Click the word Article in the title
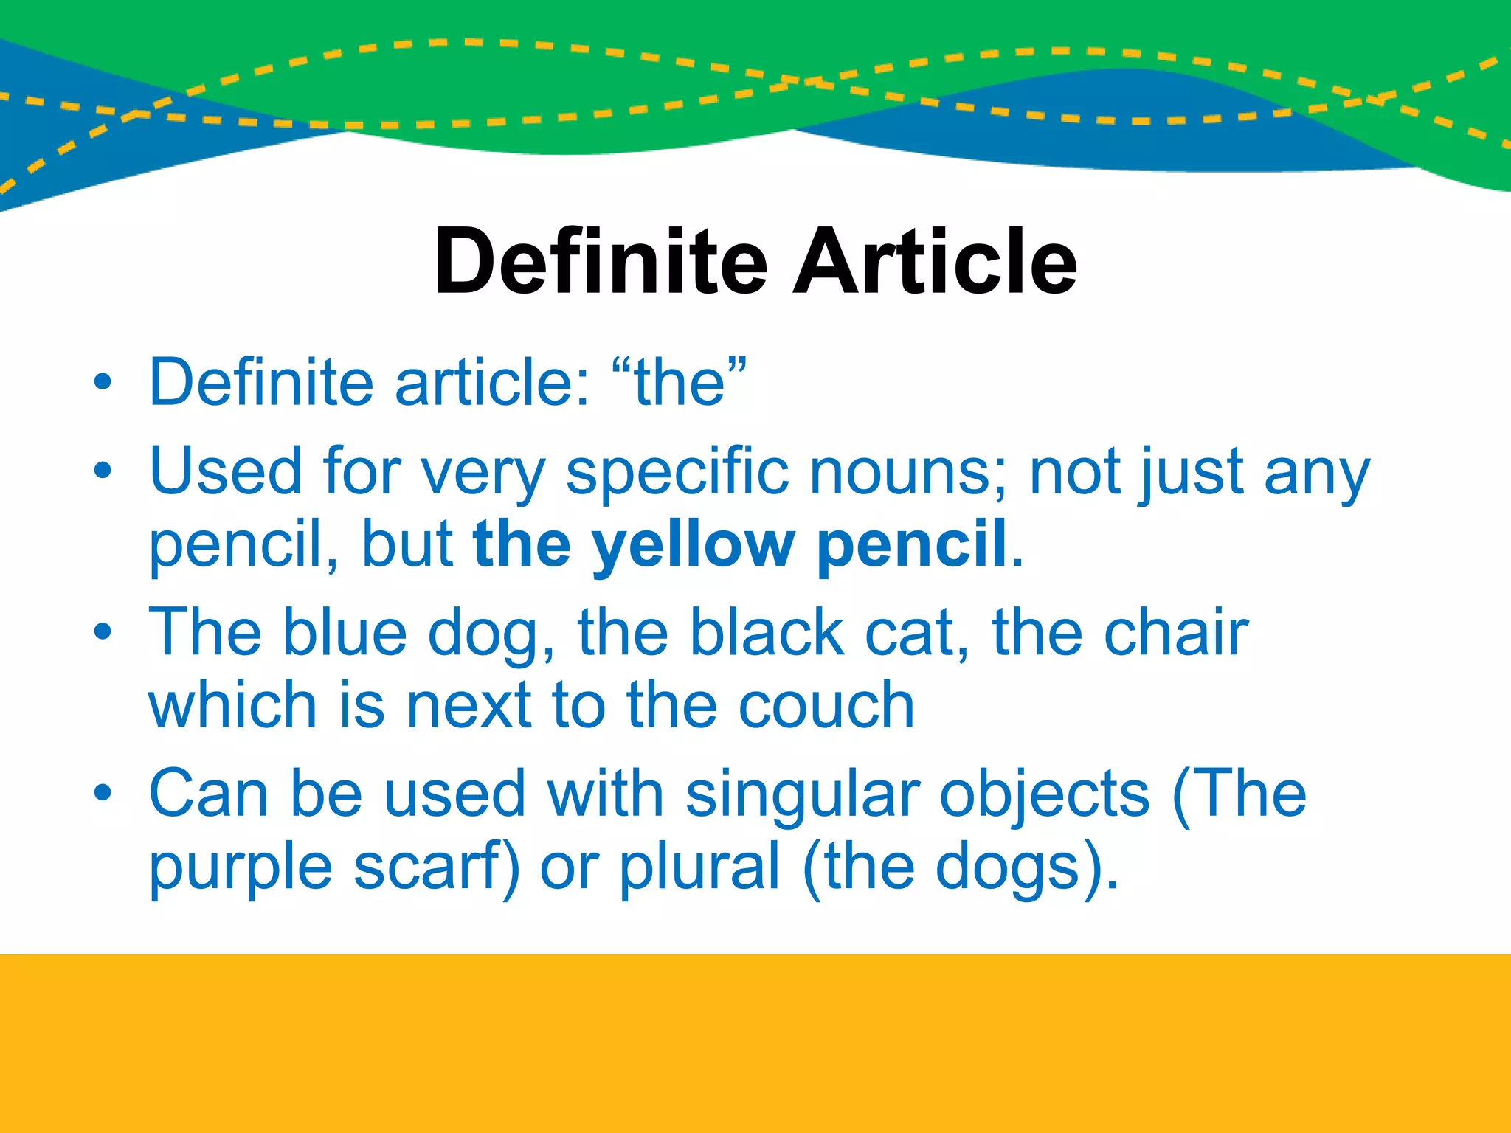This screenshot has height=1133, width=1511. pyautogui.click(x=935, y=261)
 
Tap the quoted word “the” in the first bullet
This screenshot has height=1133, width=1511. pyautogui.click(x=679, y=382)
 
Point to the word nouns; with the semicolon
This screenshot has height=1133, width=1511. pyautogui.click(x=908, y=472)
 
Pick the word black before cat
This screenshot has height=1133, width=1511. pyautogui.click(x=767, y=633)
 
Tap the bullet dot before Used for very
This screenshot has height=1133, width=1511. pyautogui.click(x=103, y=471)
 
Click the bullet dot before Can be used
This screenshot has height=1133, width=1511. pyautogui.click(x=103, y=793)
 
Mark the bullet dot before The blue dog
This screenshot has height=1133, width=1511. pyautogui.click(x=103, y=632)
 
